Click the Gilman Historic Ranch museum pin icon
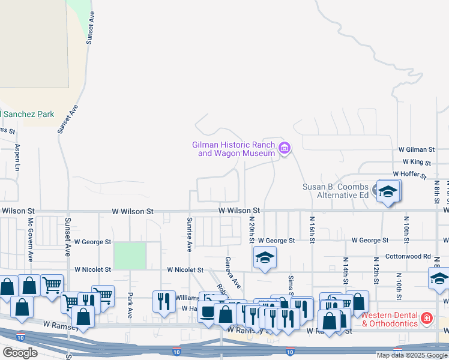[x=285, y=148]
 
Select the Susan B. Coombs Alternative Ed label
[x=335, y=191]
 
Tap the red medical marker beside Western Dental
[x=426, y=317]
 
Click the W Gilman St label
[x=416, y=149]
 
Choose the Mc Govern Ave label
[x=29, y=247]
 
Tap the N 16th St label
[x=313, y=230]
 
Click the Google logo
[x=20, y=353]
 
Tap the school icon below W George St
[x=265, y=258]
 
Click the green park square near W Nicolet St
[x=130, y=256]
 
